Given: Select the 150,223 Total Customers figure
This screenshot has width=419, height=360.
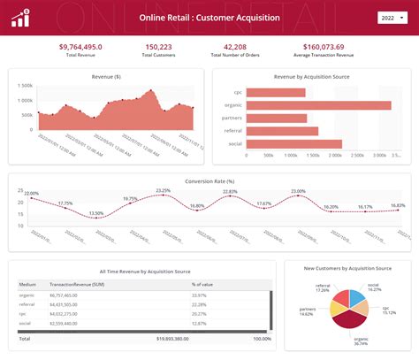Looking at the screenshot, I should tap(158, 47).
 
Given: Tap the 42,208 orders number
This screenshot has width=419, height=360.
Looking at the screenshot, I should tap(234, 47).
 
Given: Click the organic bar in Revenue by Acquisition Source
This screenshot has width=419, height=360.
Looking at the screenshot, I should tap(318, 105).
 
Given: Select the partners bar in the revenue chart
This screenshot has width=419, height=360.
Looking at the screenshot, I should tap(276, 118).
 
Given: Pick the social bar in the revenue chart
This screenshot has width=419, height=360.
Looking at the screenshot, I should tap(293, 143).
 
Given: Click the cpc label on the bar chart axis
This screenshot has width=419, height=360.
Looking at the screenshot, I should tap(237, 92).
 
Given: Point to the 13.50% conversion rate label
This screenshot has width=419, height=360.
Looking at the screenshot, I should tap(95, 213).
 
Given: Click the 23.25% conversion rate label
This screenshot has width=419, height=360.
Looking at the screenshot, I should tap(164, 190).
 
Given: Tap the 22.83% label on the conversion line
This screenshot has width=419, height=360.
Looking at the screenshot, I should tap(230, 192).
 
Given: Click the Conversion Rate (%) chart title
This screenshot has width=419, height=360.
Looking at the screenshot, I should tap(209, 180).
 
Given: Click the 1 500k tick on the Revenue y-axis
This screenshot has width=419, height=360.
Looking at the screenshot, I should tap(25, 87).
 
